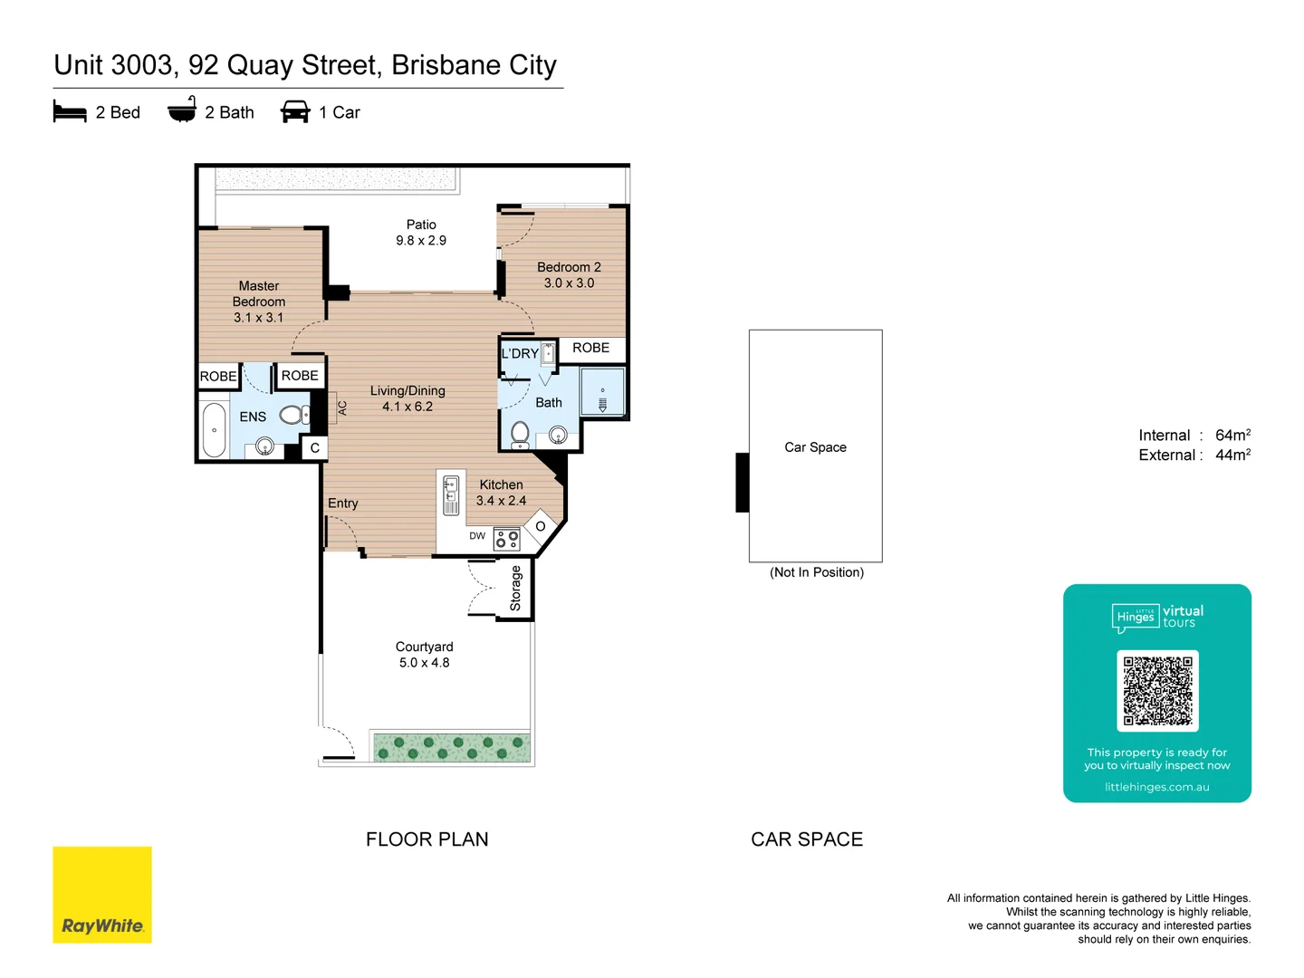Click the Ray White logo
102,895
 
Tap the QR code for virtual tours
1157,691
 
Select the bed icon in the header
70,112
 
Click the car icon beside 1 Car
295,112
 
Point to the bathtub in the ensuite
214,430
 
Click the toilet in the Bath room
520,434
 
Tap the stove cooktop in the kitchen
507,540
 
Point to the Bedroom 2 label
569,267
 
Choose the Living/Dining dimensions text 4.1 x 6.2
407,407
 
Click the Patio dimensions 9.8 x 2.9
421,241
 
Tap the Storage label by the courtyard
515,589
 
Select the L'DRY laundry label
520,353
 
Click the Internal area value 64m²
1232,436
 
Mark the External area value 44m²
1232,455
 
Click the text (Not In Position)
817,572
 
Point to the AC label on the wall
342,408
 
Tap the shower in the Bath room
602,392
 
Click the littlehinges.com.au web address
1156,787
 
